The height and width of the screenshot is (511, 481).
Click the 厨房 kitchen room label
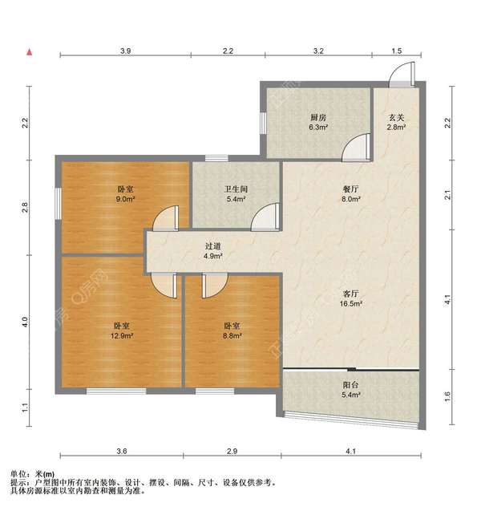coord(318,117)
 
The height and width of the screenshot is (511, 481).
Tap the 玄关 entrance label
coord(396,117)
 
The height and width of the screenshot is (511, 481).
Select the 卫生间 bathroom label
coord(236,189)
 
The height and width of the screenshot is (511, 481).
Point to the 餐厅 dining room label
coord(351,189)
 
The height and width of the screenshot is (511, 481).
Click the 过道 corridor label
coord(213,246)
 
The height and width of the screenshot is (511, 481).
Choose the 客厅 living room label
coord(351,294)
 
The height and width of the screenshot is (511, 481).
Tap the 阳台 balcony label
coord(351,385)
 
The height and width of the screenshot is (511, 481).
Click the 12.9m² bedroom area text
coord(122,335)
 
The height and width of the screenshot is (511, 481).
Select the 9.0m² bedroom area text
coord(125,199)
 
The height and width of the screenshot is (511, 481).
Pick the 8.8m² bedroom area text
coord(232,335)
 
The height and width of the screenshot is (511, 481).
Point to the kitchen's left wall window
coord(263,123)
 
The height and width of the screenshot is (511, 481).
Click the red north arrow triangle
coord(30,52)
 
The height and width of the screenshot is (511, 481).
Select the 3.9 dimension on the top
coord(125,51)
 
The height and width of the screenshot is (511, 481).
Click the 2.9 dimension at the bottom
coord(232,452)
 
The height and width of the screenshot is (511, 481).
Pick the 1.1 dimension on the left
coord(25,408)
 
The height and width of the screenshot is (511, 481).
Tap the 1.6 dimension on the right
coord(447,396)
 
